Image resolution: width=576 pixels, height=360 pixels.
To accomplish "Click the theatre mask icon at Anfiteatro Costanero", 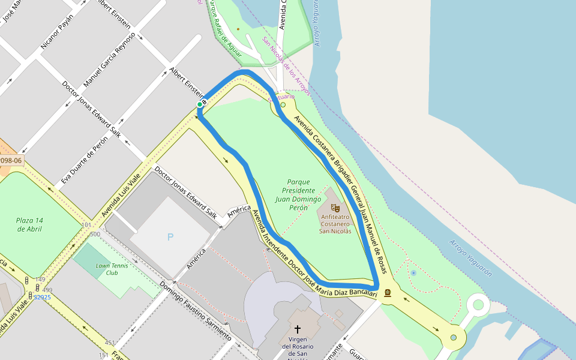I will point(335,208).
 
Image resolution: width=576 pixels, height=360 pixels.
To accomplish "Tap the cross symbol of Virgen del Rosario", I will point(297,329).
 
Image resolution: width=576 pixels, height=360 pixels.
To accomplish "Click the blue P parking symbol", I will point(170,237).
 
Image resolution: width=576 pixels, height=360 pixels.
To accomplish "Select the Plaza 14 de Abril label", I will point(29,224).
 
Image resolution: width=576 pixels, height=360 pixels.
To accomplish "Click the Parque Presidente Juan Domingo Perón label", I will point(298,194).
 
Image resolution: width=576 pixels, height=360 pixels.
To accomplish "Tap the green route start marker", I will point(200,104).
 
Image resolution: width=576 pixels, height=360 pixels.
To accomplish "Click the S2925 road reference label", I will point(42,297).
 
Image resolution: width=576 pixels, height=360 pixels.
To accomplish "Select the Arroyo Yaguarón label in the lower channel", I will point(470,258).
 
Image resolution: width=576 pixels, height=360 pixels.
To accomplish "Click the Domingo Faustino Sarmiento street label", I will point(195,311).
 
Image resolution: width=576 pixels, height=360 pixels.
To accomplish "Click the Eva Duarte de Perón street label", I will point(85,160).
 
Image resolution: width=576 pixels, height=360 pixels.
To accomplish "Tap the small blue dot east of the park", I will point(413,273).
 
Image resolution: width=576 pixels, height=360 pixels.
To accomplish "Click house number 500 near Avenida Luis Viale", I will point(95,234).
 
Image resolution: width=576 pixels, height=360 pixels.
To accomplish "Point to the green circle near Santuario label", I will point(283,104).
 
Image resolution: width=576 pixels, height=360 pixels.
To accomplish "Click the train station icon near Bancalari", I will point(388,293).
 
